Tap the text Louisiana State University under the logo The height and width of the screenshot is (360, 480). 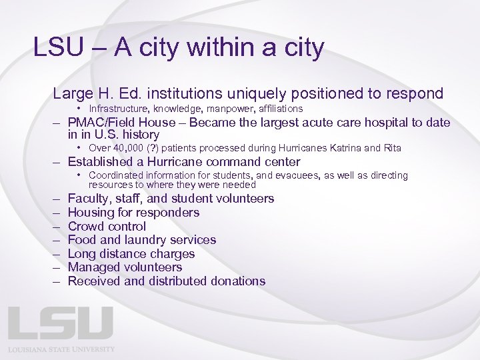(61, 349)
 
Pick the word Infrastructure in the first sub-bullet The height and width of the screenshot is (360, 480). (119, 109)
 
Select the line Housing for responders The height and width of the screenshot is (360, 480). (133, 213)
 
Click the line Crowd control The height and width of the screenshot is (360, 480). (107, 227)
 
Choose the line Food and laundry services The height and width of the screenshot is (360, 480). (142, 240)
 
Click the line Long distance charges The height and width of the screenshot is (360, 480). (131, 254)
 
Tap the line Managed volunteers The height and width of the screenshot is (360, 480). (125, 267)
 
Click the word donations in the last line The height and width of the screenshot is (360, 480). (237, 281)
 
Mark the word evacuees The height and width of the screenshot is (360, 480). (311, 176)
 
